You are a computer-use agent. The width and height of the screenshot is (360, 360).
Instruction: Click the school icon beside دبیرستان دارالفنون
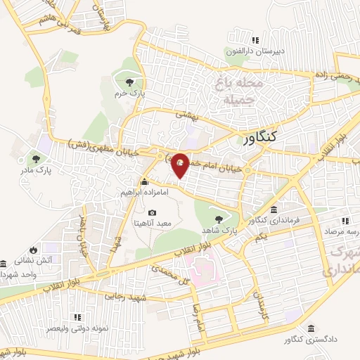[256, 40]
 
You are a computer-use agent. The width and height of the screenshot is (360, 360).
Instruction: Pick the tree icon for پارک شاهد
[224, 218]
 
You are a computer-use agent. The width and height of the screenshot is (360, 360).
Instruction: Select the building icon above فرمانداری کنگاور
[274, 210]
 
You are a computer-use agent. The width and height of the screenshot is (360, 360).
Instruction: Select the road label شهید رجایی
[124, 296]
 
